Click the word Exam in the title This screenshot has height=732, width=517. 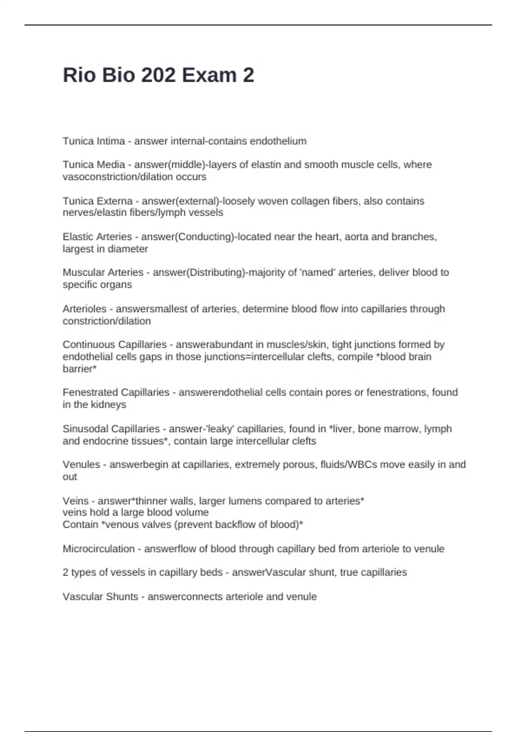pos(209,75)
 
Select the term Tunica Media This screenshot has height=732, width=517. pos(94,164)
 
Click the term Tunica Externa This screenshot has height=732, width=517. pos(98,201)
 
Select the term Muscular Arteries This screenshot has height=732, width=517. pos(103,273)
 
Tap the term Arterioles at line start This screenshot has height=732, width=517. pos(84,309)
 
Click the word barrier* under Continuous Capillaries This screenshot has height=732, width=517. pos(80,369)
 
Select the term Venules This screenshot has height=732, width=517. pos(81,465)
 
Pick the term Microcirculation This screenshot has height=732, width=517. pos(99,549)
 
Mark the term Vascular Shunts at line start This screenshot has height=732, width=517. pos(100,597)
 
